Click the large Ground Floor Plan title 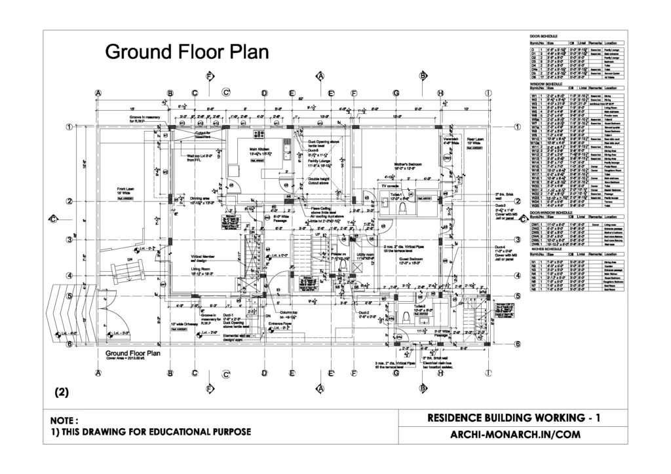coord(187,52)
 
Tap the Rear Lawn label coord(474,139)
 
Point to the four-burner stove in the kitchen coord(286,150)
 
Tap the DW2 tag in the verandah coord(447,158)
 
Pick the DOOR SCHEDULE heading coord(543,35)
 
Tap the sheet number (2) coord(61,393)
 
